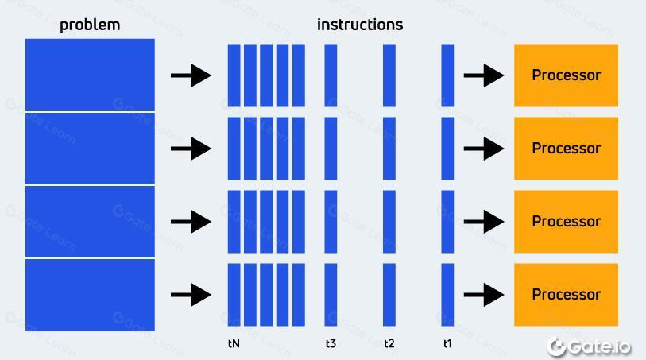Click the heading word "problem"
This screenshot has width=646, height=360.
coord(90,25)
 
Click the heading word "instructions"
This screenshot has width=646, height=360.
coord(359,25)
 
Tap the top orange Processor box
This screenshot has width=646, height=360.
coord(566,75)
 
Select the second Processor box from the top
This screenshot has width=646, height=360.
coord(566,149)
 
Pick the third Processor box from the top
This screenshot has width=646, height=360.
coord(566,222)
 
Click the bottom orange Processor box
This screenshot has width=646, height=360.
coord(566,294)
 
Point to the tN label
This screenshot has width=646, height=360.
coord(234,344)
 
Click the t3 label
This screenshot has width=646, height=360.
coord(331,344)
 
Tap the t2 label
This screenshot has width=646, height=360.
coord(389,344)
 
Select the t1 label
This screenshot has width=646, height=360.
coord(447,344)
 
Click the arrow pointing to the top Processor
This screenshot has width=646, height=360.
coord(483,76)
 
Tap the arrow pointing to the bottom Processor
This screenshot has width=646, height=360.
coord(483,295)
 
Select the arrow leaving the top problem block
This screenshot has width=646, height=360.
coord(191,76)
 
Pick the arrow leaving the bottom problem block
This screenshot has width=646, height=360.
coord(191,295)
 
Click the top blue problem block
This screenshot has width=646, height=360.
coord(90,74)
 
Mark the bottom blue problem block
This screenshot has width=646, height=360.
coord(90,295)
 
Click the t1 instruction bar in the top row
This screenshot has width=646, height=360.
coord(447,75)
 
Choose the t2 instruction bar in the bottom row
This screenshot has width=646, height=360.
coord(389,295)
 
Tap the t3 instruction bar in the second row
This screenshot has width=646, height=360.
coord(331,149)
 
